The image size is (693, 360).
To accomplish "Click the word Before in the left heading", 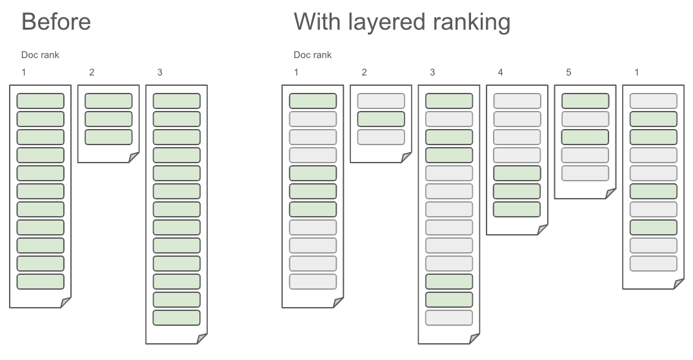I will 56,22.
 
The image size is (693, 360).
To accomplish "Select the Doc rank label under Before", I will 40,55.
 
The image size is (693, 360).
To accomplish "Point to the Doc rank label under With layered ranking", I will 312,55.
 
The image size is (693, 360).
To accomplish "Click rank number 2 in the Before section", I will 92,72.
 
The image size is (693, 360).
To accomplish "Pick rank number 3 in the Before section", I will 160,72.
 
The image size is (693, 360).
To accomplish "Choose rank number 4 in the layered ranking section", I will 500,72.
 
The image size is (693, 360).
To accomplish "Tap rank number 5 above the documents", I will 568,72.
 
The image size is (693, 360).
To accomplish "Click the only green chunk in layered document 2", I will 381,119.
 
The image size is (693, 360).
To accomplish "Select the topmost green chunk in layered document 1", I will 312,101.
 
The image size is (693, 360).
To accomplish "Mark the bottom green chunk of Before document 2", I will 108,137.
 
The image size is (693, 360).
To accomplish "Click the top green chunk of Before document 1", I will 40,101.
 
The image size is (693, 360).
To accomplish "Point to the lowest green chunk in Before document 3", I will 176,317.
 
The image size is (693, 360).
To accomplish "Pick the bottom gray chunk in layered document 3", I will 449,317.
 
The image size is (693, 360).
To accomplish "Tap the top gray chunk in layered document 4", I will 517,101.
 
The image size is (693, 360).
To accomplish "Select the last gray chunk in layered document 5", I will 585,173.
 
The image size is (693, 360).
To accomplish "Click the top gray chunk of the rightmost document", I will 653,101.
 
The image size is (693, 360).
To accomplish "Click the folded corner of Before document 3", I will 202,339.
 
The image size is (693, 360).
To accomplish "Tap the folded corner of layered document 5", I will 610,194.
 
